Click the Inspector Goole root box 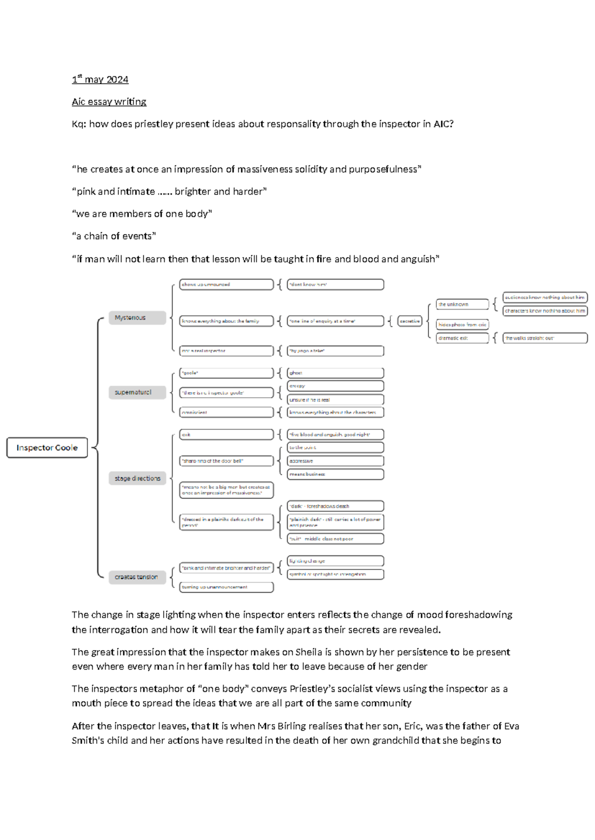(x=47, y=448)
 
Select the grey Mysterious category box (x=137, y=318)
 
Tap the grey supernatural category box (x=137, y=392)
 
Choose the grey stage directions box (x=137, y=478)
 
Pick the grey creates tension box (x=137, y=577)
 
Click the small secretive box (x=410, y=321)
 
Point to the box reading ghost (x=335, y=373)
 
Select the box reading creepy (x=335, y=386)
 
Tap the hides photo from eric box (x=462, y=324)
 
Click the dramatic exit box (x=462, y=338)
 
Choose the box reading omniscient (x=226, y=412)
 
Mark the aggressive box (x=335, y=461)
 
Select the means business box (x=335, y=474)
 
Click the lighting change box (x=335, y=561)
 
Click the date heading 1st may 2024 (x=100, y=79)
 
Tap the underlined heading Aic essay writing (x=109, y=102)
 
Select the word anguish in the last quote (x=418, y=259)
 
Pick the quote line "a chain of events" (x=114, y=236)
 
